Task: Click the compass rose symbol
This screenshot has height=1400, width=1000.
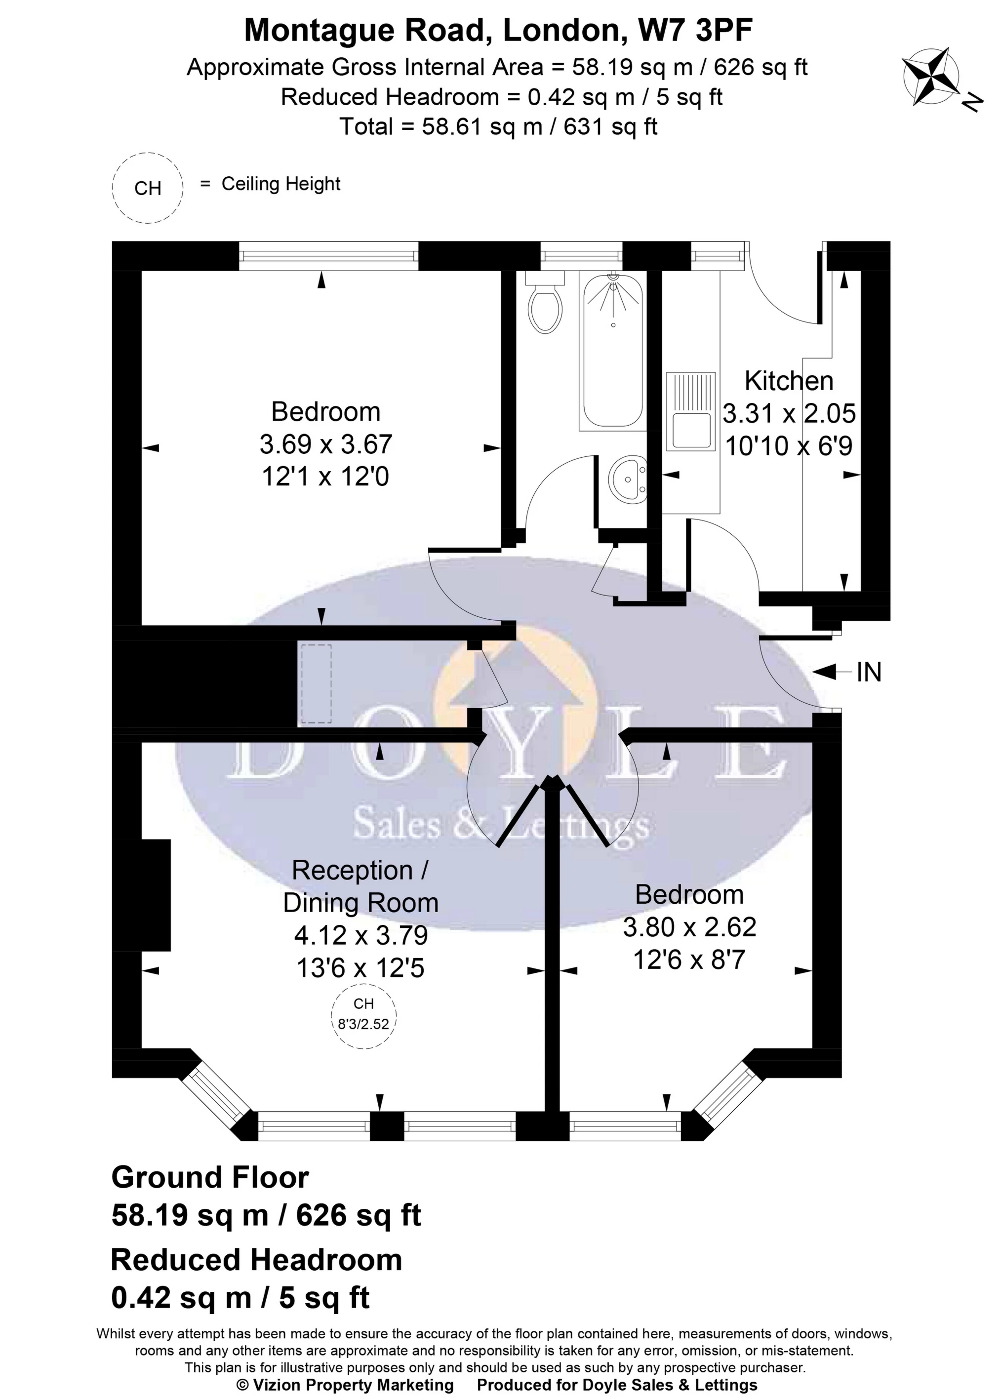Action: pos(930,77)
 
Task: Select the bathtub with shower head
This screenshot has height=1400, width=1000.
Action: pos(611,351)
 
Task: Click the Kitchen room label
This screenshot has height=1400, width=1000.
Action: pos(789,381)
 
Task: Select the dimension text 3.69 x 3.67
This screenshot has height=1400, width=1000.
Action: pos(326,444)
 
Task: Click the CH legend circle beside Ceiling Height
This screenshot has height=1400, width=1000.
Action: pos(148,188)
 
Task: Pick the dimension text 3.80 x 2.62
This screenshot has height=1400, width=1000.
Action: pos(689,926)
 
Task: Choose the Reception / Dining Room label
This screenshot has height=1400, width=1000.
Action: pos(360,886)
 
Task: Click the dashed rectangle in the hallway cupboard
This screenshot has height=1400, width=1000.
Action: pos(315,684)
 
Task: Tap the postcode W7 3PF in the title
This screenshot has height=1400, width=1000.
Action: pos(696,31)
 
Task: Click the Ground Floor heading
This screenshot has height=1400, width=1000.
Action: pos(210,1177)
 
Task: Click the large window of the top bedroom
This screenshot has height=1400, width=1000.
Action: pos(328,255)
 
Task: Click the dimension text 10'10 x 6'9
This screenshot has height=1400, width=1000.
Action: pos(789,445)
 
